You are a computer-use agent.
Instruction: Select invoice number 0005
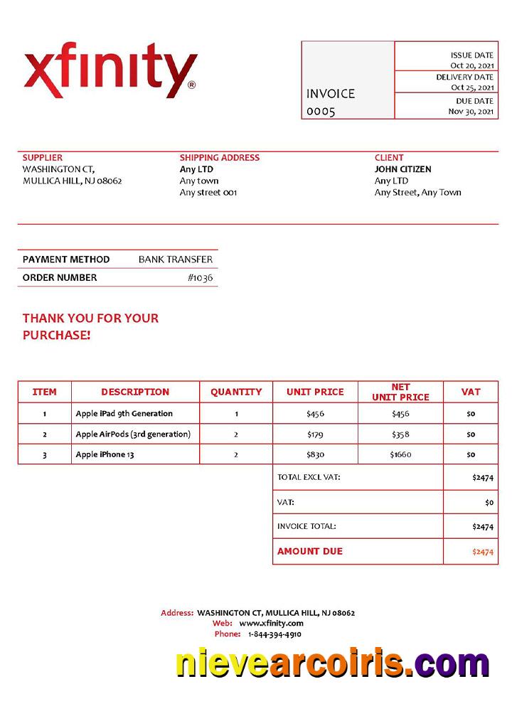321,112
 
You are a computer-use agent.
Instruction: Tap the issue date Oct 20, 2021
472,65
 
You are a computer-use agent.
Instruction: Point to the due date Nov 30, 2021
471,111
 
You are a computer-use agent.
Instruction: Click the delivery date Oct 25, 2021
472,87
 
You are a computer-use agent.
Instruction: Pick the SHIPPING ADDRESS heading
220,158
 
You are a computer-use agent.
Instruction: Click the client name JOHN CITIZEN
402,169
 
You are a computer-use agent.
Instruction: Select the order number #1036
200,278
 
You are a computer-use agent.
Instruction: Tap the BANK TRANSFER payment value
176,260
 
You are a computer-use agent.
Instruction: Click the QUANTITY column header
236,392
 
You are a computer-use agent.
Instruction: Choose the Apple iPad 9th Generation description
124,413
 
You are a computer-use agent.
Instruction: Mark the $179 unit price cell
315,434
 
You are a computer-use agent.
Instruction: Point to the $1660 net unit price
400,454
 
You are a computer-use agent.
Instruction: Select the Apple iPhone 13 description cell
105,454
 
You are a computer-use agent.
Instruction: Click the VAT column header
471,392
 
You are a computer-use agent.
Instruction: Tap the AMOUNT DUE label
310,551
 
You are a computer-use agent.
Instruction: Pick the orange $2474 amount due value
483,552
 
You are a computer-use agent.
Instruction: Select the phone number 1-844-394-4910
274,634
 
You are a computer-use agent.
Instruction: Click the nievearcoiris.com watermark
332,665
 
